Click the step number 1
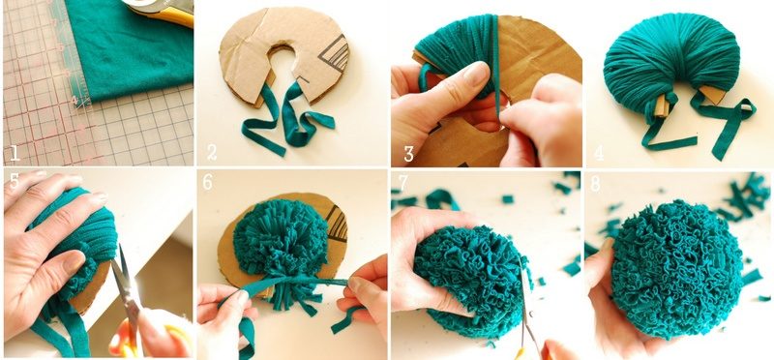pos(15,153)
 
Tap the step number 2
pos(212,152)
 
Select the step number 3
pos(408,153)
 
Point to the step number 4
pos(599,153)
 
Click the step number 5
pos(15,181)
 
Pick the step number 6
pos(208,182)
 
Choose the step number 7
pos(403,182)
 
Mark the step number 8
pos(595,184)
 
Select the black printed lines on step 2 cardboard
pos(334,53)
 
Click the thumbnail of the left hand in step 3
pos(476,74)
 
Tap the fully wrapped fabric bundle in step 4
pos(671,59)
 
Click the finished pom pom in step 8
pos(676,269)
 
